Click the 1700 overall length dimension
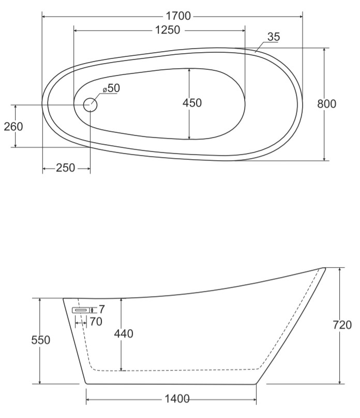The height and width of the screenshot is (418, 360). pos(178,16)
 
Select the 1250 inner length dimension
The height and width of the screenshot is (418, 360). pos(168,30)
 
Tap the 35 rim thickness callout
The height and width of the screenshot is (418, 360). pos(274,37)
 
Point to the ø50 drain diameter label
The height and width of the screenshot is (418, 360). pos(112,88)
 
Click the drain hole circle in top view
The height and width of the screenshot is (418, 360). pos(90,104)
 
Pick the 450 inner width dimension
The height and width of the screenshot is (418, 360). pos(192,103)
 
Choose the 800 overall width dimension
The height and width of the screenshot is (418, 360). pos(327,104)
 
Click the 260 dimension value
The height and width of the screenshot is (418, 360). pos(13,127)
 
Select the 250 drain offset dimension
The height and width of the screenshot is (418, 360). pos(65,168)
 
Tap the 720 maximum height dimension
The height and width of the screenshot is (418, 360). pos(342,325)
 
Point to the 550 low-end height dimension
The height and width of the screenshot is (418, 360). pos(40,340)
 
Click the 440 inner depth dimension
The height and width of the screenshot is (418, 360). pos(124,333)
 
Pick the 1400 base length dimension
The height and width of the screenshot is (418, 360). pos(177,399)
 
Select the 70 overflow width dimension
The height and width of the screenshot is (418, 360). pos(96,322)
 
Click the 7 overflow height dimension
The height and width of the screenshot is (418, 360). pos(102,309)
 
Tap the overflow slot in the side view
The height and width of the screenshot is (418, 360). pos(81,310)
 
